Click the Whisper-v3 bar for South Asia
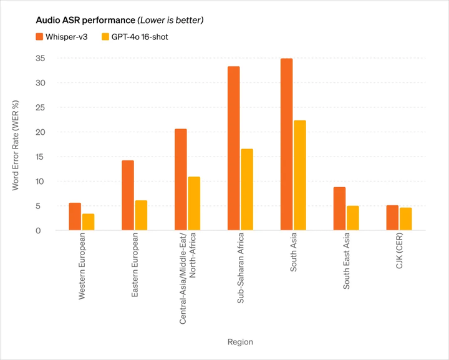click(x=286, y=144)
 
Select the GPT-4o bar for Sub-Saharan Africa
click(x=247, y=190)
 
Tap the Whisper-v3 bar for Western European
click(x=75, y=216)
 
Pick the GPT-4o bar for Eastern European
click(x=141, y=215)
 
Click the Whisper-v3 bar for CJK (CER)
click(x=392, y=218)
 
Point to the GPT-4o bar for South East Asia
click(x=353, y=218)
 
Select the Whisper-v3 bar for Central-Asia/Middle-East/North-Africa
click(x=181, y=180)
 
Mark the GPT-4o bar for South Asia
click(x=300, y=175)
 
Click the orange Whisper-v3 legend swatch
click(x=39, y=37)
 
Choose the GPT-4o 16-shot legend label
click(x=140, y=37)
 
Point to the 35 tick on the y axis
click(x=41, y=59)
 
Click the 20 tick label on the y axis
click(x=41, y=132)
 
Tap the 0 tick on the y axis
click(x=38, y=231)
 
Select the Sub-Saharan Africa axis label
click(x=241, y=268)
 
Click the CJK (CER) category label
click(x=399, y=251)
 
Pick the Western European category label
click(x=82, y=266)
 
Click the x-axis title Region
click(x=240, y=342)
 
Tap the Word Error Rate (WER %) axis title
click(x=15, y=145)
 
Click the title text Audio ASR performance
click(x=85, y=21)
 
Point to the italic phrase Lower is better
click(x=171, y=21)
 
